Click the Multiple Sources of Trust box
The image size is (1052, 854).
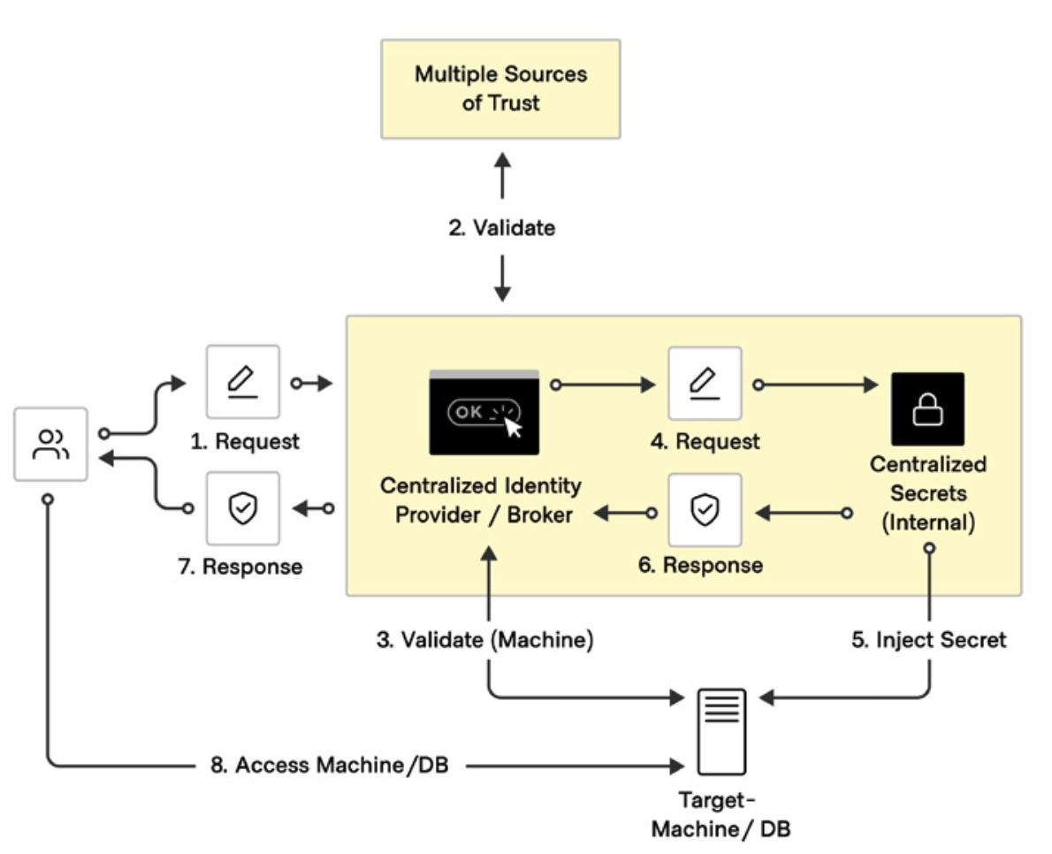tap(500, 89)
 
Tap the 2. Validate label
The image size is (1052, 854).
tap(502, 228)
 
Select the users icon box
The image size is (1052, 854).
tap(51, 444)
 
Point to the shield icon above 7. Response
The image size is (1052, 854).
tap(243, 507)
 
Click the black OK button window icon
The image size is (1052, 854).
tap(484, 412)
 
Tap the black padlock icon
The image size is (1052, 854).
tap(928, 409)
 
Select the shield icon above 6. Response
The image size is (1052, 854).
tap(705, 510)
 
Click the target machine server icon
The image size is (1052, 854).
tap(722, 732)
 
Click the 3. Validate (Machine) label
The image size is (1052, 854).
tap(485, 640)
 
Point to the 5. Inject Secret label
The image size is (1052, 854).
tap(929, 640)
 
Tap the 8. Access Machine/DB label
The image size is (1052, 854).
tap(330, 765)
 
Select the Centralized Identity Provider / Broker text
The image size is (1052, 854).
tap(481, 499)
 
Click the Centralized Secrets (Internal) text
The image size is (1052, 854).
tap(928, 493)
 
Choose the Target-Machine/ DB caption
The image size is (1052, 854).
tap(721, 814)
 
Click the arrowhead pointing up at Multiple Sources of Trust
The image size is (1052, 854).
tap(502, 161)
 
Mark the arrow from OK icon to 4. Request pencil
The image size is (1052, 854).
tap(603, 385)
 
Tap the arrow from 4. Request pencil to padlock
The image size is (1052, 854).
tap(816, 385)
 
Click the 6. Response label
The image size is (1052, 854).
tap(700, 566)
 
